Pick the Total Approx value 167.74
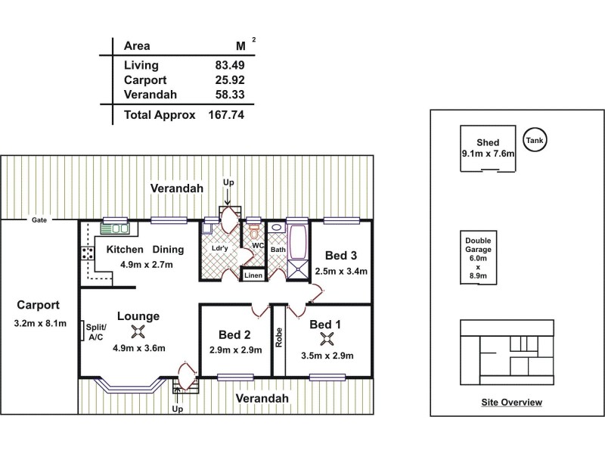click(x=226, y=115)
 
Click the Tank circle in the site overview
click(x=534, y=139)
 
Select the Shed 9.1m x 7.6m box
click(x=488, y=148)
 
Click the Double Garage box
click(x=478, y=257)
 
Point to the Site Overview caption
click(x=511, y=403)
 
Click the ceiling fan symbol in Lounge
click(x=138, y=330)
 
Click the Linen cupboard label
click(x=253, y=276)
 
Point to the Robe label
click(x=278, y=336)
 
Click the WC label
click(x=258, y=245)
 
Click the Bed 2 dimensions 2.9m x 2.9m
click(x=236, y=350)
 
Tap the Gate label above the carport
click(x=39, y=220)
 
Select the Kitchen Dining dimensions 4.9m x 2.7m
click(x=147, y=265)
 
